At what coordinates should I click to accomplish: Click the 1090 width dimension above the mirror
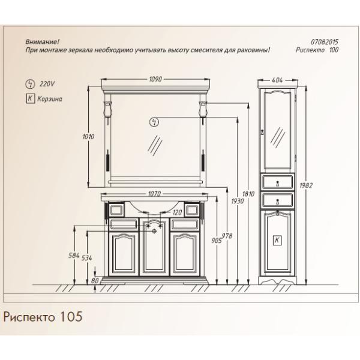(155, 79)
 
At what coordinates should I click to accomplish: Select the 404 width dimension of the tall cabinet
(277, 80)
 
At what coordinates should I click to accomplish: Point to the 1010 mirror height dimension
(88, 137)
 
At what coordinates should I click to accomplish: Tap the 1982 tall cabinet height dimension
(306, 185)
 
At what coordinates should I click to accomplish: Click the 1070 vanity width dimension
(154, 194)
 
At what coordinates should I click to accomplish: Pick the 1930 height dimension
(238, 202)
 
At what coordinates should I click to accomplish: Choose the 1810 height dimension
(248, 194)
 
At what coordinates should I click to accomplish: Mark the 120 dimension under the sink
(177, 212)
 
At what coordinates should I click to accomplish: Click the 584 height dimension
(74, 256)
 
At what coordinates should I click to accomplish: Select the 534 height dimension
(87, 258)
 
